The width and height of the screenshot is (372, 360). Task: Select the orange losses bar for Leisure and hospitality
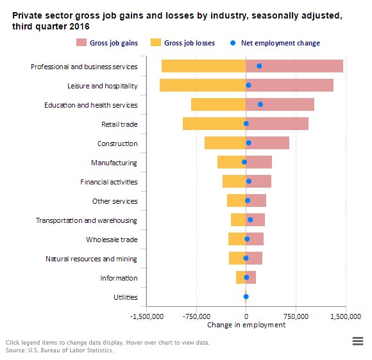(x=202, y=85)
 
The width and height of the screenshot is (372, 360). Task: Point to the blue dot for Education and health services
(x=260, y=104)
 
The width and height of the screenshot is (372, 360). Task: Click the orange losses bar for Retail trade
(x=214, y=124)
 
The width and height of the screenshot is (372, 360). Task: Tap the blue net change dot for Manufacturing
(x=244, y=162)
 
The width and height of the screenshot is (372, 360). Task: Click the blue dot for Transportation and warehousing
(x=250, y=220)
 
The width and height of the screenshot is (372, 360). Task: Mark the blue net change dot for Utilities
(x=246, y=297)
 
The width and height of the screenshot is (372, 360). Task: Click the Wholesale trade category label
(x=112, y=240)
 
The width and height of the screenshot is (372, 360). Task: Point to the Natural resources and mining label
(x=91, y=259)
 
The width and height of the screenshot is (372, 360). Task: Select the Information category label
(x=119, y=278)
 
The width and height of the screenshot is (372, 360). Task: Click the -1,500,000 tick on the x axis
(x=147, y=316)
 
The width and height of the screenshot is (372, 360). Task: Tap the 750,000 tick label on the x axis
(x=295, y=316)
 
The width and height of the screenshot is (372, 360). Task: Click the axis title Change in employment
(x=246, y=325)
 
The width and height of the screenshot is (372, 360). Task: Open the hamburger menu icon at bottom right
(x=358, y=342)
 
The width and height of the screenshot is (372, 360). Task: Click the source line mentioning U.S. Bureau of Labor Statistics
(x=60, y=350)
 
